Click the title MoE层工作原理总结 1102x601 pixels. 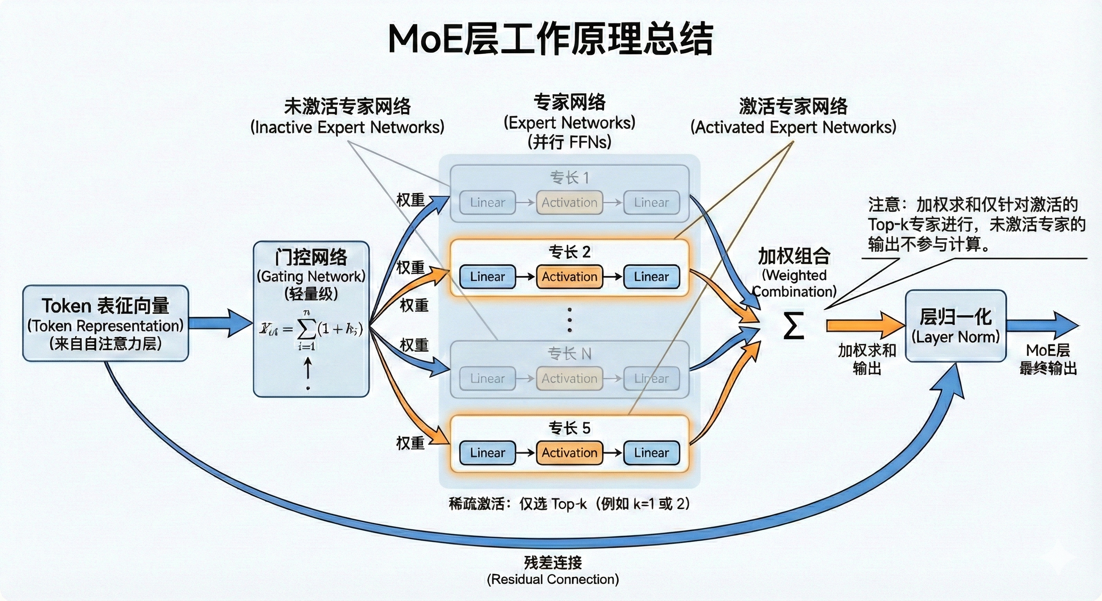point(550,40)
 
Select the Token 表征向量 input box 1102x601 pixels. point(105,323)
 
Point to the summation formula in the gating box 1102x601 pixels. point(311,330)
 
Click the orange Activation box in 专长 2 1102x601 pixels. point(569,277)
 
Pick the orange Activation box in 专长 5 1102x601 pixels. point(569,453)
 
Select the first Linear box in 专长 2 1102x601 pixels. point(487,277)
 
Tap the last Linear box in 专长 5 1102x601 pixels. point(651,453)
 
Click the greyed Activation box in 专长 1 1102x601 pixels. point(569,202)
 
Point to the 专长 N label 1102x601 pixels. point(569,354)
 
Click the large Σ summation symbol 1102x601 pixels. point(794,326)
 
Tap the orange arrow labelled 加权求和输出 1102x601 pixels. point(864,325)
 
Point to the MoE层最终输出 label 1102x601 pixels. point(1048,359)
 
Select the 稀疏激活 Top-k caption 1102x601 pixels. point(569,504)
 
